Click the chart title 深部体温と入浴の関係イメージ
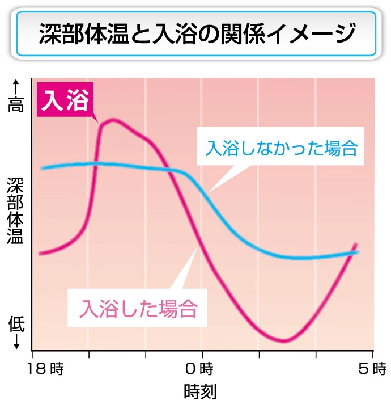point(196,34)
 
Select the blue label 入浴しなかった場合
point(282,149)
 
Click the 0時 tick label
point(199,369)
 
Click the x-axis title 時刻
point(200,391)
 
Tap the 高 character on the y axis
point(16,104)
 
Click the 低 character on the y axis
point(16,325)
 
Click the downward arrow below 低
point(16,342)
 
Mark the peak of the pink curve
point(113,120)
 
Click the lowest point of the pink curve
point(284,340)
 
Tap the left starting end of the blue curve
point(42,169)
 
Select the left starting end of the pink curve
point(40,253)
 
